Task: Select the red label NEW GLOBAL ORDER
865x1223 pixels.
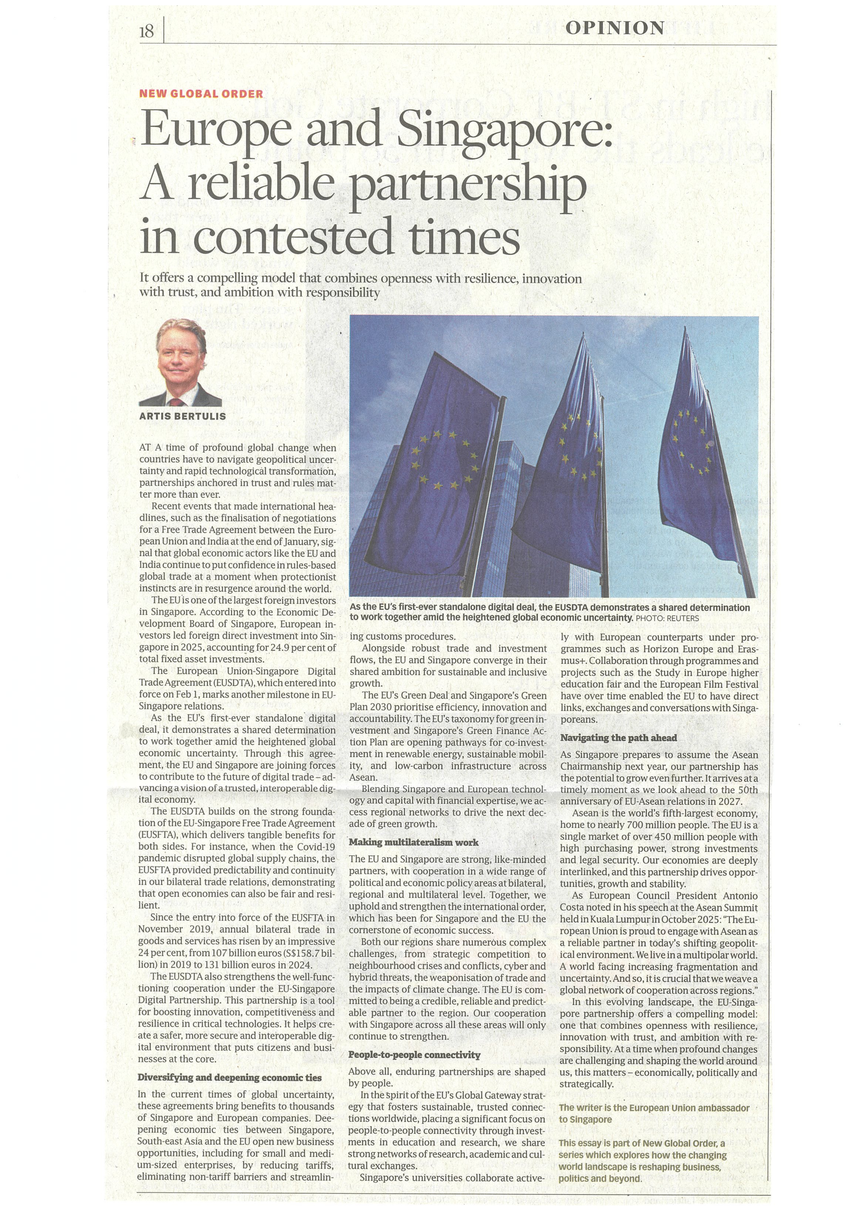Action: (201, 94)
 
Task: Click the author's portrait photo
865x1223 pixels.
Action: (180, 362)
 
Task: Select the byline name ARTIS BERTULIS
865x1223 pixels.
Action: (182, 416)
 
